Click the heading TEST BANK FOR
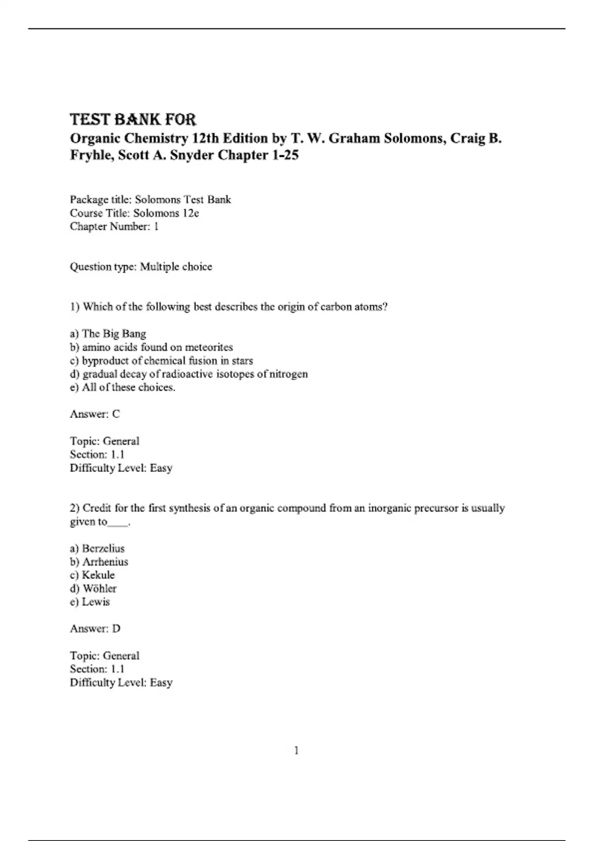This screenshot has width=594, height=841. point(133,120)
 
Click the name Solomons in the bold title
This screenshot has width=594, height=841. point(414,138)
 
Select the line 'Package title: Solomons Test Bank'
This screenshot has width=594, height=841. point(150,199)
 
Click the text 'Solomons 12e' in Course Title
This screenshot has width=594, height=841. point(166,213)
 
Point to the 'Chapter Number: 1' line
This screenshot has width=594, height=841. point(114,227)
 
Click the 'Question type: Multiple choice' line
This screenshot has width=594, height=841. point(141,267)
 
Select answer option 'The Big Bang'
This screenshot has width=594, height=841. point(113,334)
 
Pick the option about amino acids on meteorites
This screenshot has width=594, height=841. point(157,347)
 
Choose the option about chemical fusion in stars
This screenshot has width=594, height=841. point(167,361)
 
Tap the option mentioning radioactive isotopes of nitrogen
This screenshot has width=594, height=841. point(195,374)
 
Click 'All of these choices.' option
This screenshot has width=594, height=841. point(128,387)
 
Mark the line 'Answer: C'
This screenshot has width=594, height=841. point(95,414)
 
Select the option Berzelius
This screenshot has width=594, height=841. point(103,549)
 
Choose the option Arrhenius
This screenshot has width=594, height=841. point(105,562)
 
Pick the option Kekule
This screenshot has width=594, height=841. point(98,575)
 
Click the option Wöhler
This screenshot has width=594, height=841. point(99,589)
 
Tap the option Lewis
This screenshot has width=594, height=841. point(96,602)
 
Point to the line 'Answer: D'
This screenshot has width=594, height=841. point(95,629)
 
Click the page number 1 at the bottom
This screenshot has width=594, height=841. point(297,751)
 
